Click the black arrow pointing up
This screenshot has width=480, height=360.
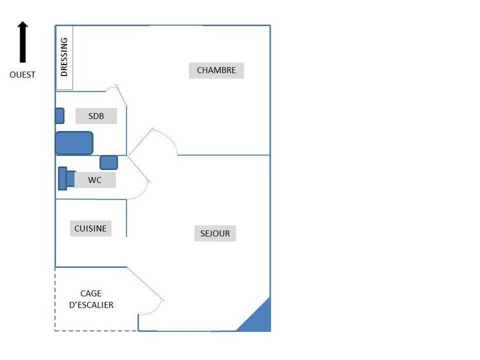pyautogui.click(x=22, y=42)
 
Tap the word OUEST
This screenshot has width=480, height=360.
pyautogui.click(x=22, y=75)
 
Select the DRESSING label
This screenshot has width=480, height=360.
pyautogui.click(x=64, y=57)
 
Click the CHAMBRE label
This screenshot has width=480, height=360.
pyautogui.click(x=216, y=70)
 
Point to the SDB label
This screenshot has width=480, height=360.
pyautogui.click(x=96, y=116)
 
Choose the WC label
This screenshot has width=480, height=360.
pyautogui.click(x=95, y=180)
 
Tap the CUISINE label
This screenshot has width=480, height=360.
pyautogui.click(x=90, y=228)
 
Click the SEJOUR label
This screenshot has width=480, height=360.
pyautogui.click(x=215, y=233)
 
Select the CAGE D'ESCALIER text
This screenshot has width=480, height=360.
pyautogui.click(x=92, y=299)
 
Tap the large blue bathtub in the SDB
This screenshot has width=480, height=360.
pyautogui.click(x=74, y=143)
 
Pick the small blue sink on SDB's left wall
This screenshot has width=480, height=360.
pyautogui.click(x=60, y=116)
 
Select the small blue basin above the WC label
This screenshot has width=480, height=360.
pyautogui.click(x=109, y=162)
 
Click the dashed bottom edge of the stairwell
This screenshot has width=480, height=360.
pyautogui.click(x=96, y=331)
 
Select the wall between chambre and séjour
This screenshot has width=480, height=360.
pyautogui.click(x=224, y=155)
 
